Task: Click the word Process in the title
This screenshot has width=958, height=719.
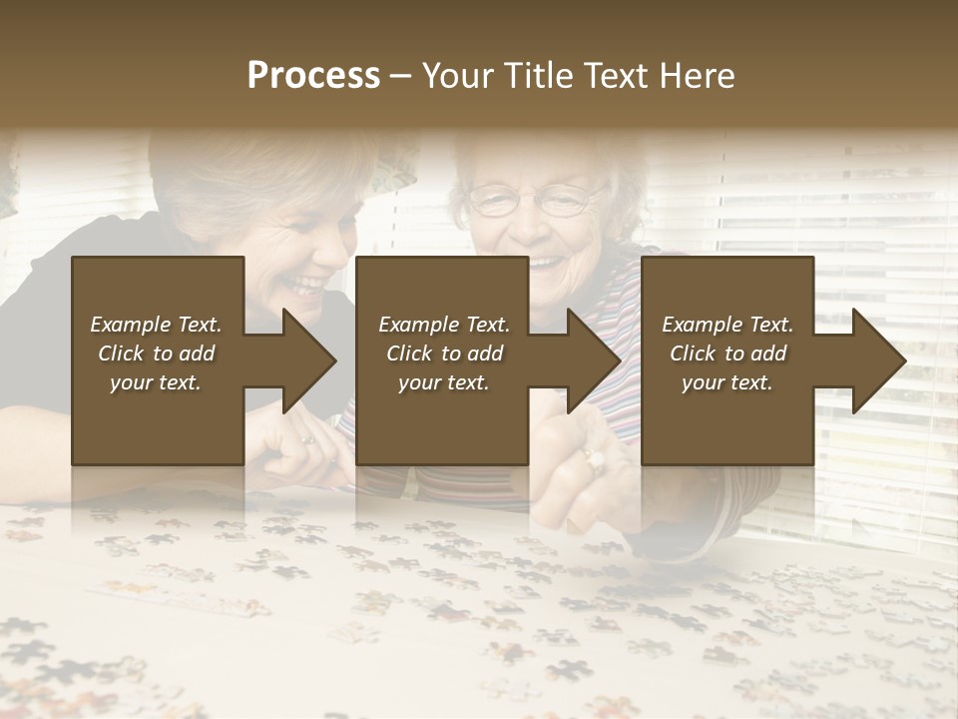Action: (313, 75)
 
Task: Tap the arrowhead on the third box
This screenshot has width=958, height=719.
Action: (877, 360)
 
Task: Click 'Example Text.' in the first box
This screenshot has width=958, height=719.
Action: (156, 325)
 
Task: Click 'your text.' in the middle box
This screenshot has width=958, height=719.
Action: (443, 382)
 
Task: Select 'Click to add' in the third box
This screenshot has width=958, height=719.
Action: (727, 354)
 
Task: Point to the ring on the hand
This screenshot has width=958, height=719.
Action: (595, 460)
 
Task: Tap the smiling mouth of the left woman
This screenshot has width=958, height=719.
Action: (308, 286)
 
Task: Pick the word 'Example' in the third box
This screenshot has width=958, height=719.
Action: (700, 325)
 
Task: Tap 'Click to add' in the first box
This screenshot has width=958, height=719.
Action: (156, 354)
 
